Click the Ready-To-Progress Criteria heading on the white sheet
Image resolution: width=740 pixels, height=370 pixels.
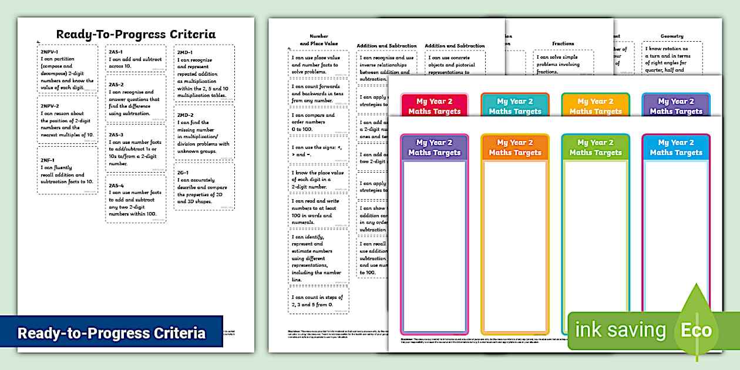(136, 34)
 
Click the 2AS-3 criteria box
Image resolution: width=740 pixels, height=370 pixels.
(135, 149)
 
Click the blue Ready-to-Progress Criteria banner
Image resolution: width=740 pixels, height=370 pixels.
(112, 333)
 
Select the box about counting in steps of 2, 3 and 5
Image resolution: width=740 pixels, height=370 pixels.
(319, 301)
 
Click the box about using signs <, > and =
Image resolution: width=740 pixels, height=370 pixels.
(319, 151)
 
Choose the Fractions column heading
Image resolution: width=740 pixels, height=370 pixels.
(563, 43)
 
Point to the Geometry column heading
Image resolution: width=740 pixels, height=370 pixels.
(672, 36)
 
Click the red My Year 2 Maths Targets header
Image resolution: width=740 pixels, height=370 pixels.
(434, 106)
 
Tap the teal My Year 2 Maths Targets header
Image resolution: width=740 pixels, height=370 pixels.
(514, 106)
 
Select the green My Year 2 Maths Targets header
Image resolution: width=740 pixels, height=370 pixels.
(596, 147)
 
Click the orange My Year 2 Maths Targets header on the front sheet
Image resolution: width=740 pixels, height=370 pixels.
(514, 147)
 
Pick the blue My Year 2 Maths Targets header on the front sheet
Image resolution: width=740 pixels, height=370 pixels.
(676, 147)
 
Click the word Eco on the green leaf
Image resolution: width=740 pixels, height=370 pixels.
(696, 330)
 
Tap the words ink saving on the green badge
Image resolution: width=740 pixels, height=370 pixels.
(620, 330)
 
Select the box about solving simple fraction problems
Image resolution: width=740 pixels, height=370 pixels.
(563, 65)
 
